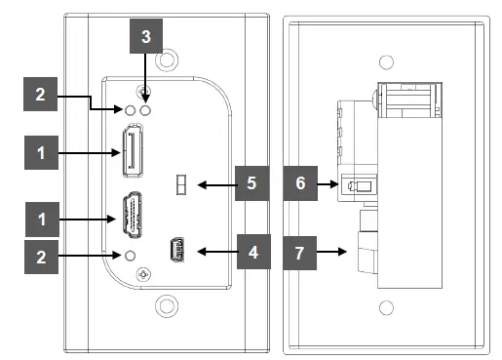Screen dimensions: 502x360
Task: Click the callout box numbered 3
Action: pyautogui.click(x=146, y=36)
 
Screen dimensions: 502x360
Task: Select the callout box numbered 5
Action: pyautogui.click(x=252, y=183)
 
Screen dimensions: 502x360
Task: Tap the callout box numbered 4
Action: pyautogui.click(x=253, y=252)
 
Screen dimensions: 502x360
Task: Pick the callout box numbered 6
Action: pyautogui.click(x=300, y=183)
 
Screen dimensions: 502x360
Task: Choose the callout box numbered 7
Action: pyautogui.click(x=300, y=253)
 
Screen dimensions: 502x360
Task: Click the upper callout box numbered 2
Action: pyautogui.click(x=41, y=95)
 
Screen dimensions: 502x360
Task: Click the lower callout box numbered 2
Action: pyautogui.click(x=41, y=257)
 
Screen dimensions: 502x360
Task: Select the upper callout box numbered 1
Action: pyautogui.click(x=41, y=152)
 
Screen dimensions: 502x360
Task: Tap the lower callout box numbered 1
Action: pyautogui.click(x=42, y=220)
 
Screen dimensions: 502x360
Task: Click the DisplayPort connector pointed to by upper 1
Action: pyautogui.click(x=133, y=150)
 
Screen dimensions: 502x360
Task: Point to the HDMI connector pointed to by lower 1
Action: pyautogui.click(x=133, y=215)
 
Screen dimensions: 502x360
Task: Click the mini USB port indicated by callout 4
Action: pyautogui.click(x=176, y=250)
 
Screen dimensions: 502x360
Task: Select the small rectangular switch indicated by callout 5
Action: pyautogui.click(x=181, y=184)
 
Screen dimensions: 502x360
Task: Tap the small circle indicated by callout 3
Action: pyautogui.click(x=145, y=110)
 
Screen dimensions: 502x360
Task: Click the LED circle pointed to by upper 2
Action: pyautogui.click(x=130, y=110)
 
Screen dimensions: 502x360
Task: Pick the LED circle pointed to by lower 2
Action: pyautogui.click(x=130, y=256)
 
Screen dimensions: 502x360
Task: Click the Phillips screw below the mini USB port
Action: pyautogui.click(x=143, y=275)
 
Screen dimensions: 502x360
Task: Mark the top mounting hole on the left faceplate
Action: pyautogui.click(x=167, y=60)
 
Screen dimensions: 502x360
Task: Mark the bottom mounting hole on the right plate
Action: pyautogui.click(x=386, y=307)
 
